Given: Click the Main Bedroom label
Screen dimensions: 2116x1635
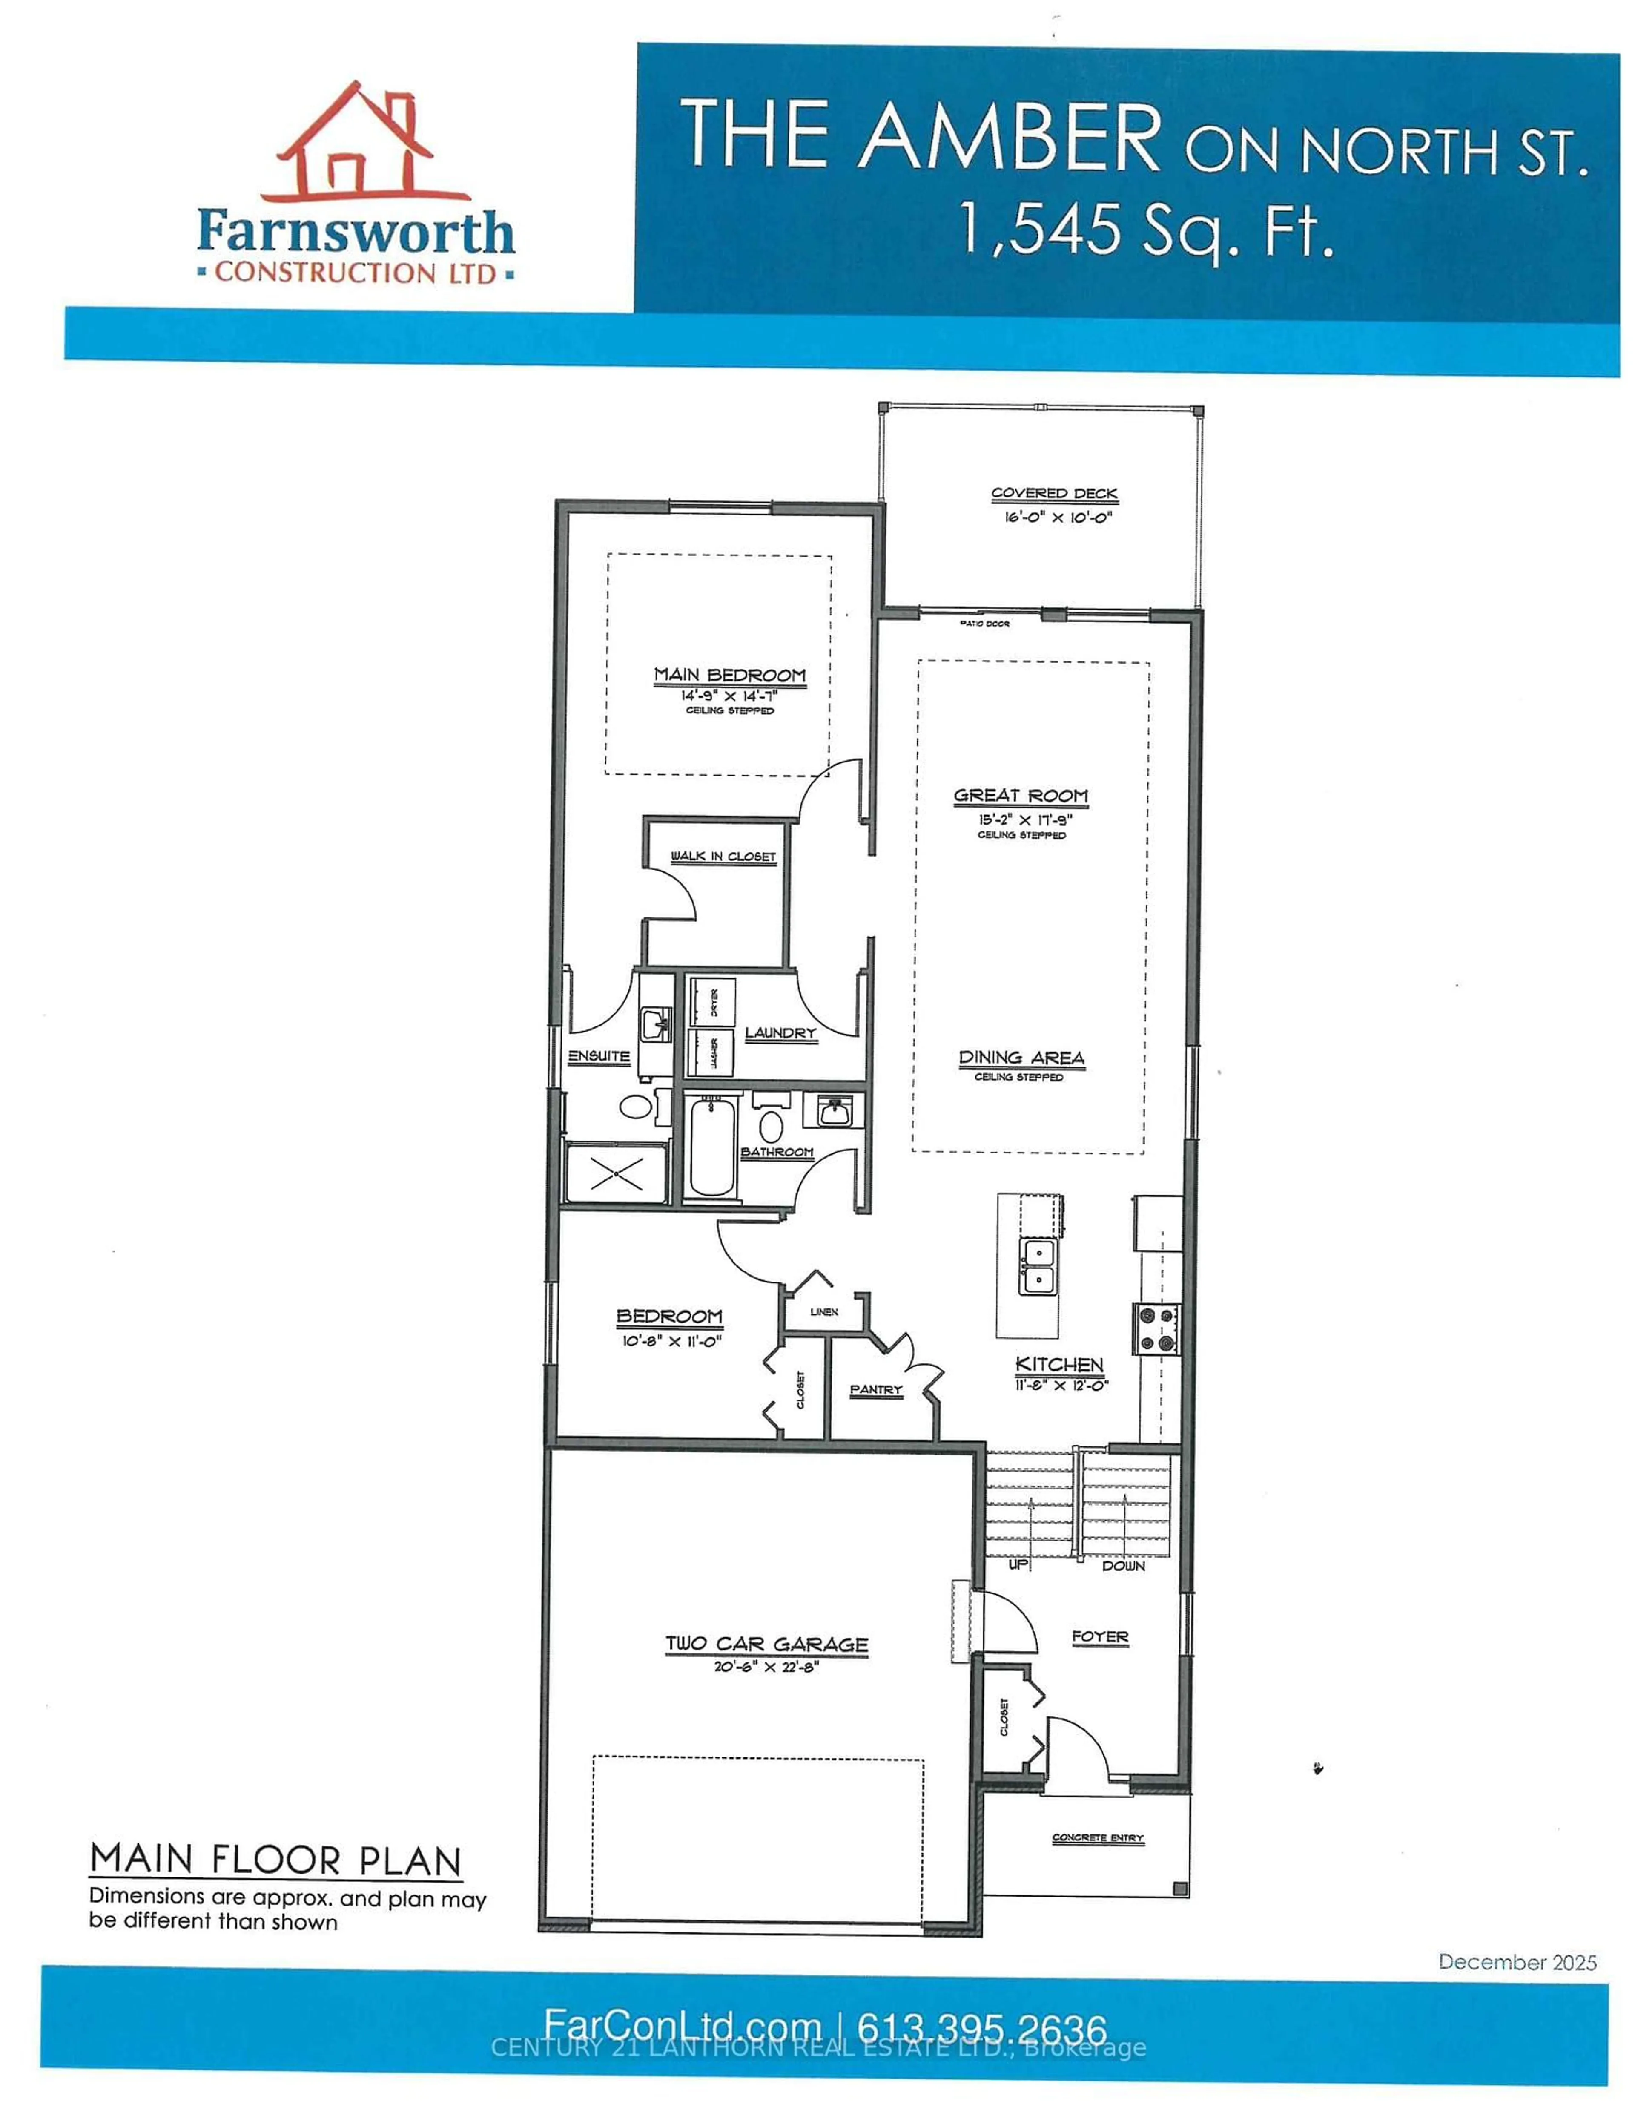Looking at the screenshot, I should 729,674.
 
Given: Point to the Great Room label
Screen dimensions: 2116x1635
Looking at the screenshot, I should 1021,796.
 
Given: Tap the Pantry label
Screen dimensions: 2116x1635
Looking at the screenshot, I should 875,1389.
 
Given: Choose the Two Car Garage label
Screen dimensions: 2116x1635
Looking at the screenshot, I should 766,1644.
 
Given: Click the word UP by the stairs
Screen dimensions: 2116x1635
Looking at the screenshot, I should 1018,1565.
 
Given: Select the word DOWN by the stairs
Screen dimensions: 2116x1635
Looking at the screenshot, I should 1124,1566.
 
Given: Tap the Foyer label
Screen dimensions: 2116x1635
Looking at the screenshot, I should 1100,1636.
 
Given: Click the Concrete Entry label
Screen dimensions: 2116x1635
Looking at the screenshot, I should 1099,1838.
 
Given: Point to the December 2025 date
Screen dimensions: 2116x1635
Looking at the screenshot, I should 1517,1962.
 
